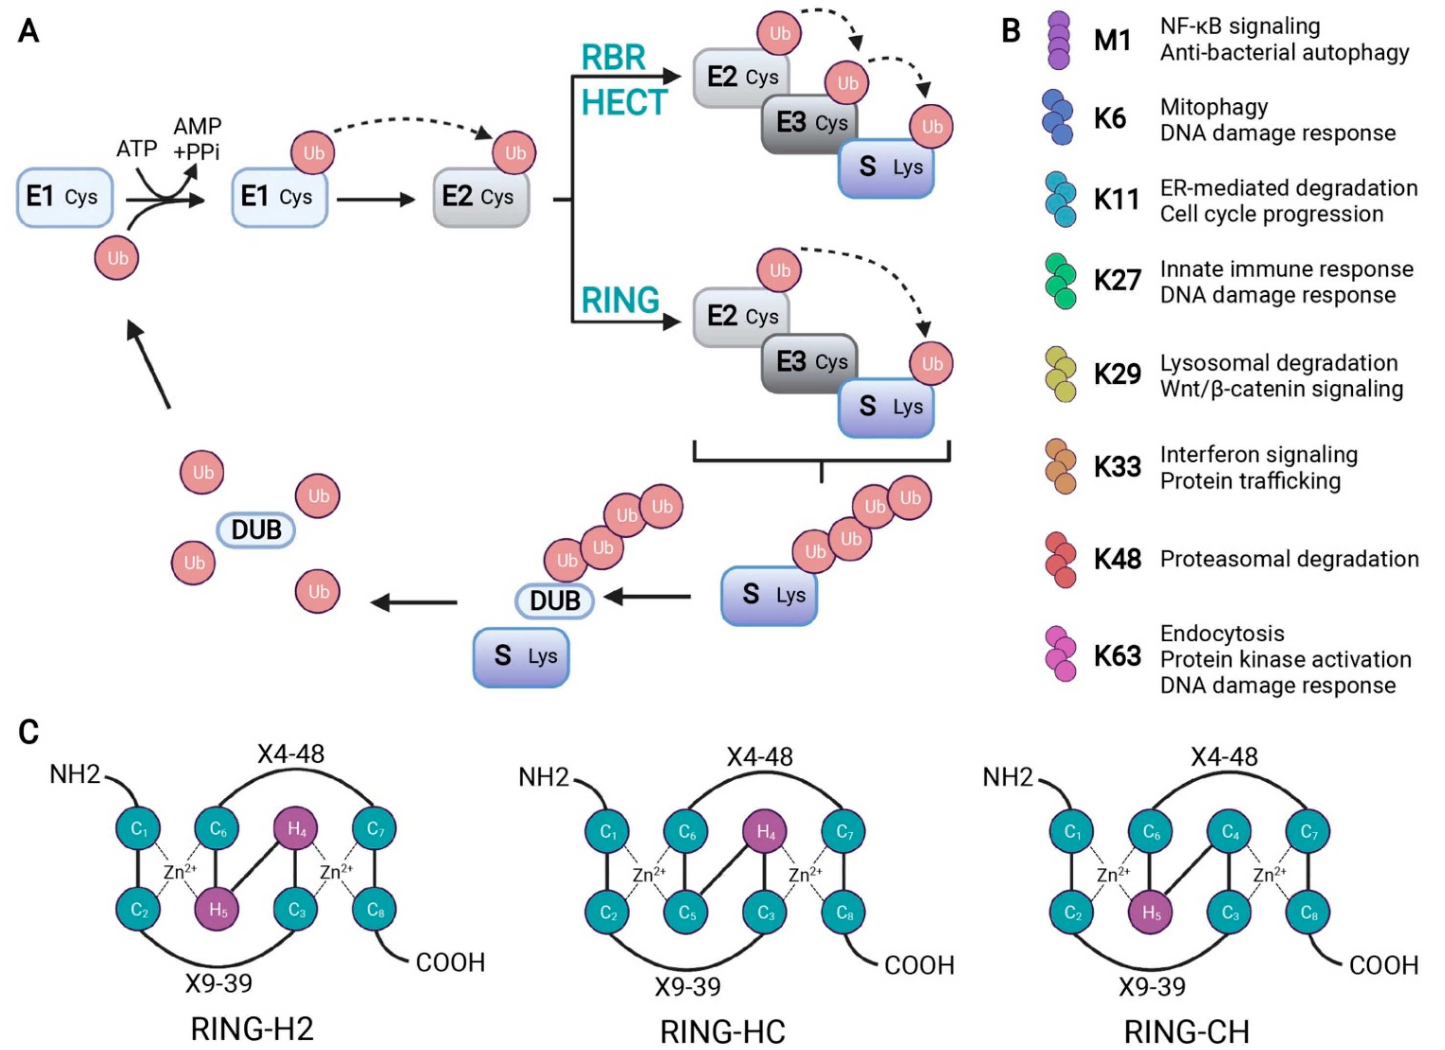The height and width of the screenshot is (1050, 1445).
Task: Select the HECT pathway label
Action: click(x=624, y=102)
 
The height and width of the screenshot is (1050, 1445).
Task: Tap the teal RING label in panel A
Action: click(x=620, y=300)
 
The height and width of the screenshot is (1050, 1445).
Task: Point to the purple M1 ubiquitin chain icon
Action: click(x=1059, y=40)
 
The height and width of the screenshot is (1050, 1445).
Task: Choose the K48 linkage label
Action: click(x=1117, y=559)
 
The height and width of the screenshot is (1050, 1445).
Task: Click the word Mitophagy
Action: click(x=1214, y=108)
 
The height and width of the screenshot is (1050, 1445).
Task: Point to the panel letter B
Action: click(x=1011, y=30)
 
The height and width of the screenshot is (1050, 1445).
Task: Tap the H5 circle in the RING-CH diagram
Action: click(x=1151, y=913)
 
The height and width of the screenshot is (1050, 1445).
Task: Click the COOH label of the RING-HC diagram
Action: click(x=920, y=966)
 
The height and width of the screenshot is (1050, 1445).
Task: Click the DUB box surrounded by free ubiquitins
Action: click(x=256, y=530)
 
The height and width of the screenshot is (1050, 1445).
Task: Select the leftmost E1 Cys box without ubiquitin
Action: click(x=65, y=197)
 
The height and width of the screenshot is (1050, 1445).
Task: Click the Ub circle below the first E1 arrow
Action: click(x=117, y=258)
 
